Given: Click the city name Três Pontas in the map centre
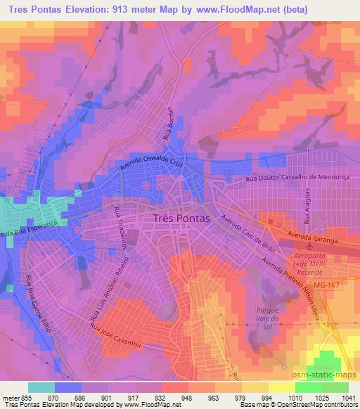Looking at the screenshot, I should point(181,219).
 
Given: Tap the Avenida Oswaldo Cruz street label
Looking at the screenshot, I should point(166,160).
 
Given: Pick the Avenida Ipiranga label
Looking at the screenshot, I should point(317,240).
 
